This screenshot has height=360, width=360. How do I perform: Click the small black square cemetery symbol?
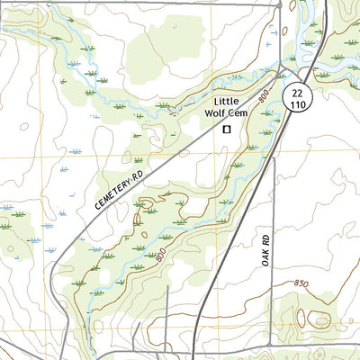pos(227,129)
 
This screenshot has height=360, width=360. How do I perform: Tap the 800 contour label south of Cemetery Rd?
pos(159,257)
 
